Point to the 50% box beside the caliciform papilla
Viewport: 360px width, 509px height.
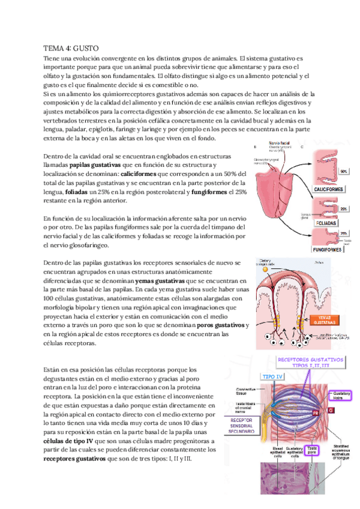[344, 172]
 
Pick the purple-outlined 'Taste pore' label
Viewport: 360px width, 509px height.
[312, 448]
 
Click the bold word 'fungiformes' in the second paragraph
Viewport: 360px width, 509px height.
[209, 192]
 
